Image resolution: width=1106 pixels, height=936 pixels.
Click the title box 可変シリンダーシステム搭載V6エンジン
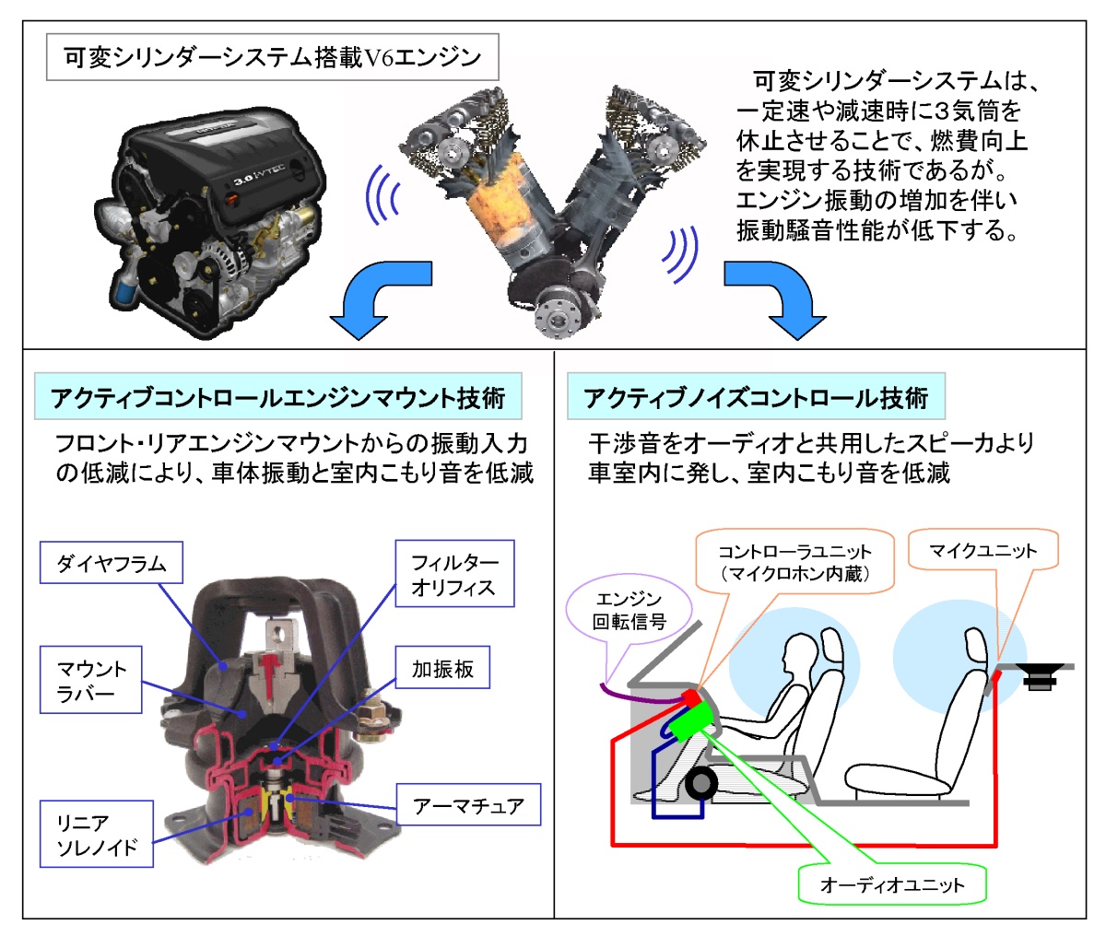(x=272, y=58)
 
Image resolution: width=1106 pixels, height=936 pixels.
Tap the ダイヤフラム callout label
(x=111, y=563)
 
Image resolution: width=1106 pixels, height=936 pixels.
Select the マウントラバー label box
(x=91, y=679)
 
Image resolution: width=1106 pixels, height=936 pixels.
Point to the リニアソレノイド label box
(x=96, y=834)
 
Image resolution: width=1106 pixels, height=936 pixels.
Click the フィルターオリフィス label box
(x=454, y=574)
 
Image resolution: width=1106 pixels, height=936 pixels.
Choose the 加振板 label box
(x=442, y=668)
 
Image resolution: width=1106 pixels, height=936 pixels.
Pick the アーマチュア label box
(x=468, y=804)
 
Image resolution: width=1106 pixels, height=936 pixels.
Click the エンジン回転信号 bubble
(x=629, y=611)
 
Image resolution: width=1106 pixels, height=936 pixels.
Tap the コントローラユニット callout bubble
(x=794, y=562)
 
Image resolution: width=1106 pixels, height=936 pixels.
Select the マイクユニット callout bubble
(x=982, y=550)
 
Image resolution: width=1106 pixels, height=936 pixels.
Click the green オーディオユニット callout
(x=892, y=885)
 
